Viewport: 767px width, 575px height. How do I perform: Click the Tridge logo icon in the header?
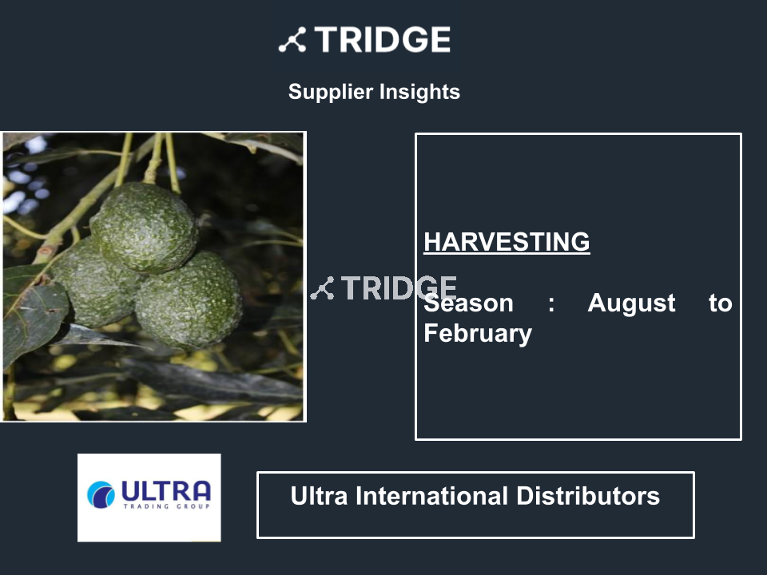(x=292, y=40)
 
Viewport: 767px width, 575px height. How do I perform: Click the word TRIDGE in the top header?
(x=383, y=40)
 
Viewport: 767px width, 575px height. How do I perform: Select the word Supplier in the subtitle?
(x=331, y=92)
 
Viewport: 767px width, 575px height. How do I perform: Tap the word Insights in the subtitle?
(x=419, y=92)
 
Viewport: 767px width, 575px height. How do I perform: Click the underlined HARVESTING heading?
(x=507, y=241)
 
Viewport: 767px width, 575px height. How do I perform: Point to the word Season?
(x=469, y=303)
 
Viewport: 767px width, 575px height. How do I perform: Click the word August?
(x=631, y=303)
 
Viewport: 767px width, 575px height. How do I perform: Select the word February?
(x=478, y=334)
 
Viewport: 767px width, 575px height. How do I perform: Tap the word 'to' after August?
(x=720, y=303)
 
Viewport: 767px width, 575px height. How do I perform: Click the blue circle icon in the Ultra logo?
(x=101, y=495)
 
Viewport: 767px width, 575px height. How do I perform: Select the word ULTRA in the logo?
(x=166, y=491)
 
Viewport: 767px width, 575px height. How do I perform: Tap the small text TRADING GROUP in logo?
(x=167, y=506)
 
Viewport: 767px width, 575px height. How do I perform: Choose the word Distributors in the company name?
(x=588, y=496)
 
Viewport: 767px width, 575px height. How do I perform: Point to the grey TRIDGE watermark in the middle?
(x=383, y=288)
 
